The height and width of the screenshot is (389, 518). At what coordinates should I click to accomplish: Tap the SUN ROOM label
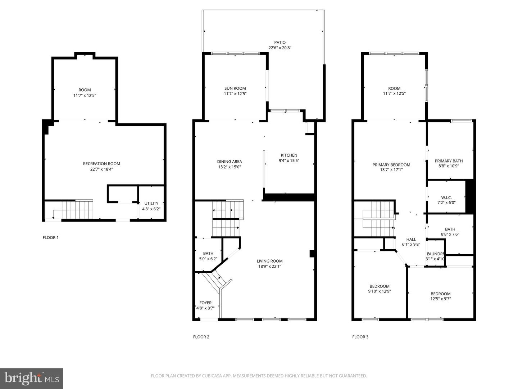click(x=235, y=88)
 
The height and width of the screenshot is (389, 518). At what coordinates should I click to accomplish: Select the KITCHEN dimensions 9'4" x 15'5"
click(x=289, y=161)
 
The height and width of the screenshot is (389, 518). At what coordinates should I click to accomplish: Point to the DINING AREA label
click(x=230, y=162)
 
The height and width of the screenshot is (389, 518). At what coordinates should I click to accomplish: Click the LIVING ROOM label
click(x=269, y=261)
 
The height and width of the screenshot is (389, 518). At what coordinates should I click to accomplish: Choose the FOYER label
click(x=206, y=303)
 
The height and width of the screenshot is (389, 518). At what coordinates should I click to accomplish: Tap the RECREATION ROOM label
click(x=101, y=164)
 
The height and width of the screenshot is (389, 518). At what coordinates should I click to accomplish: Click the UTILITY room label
click(x=151, y=204)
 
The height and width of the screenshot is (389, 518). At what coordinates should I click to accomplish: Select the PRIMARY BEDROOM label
click(x=391, y=165)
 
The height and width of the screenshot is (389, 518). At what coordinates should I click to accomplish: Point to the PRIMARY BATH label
click(x=449, y=161)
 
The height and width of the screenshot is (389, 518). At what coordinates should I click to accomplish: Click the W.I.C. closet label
click(x=446, y=198)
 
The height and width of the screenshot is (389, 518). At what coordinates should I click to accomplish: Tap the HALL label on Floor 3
click(x=411, y=240)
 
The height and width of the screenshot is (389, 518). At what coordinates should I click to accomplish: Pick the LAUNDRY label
click(x=435, y=254)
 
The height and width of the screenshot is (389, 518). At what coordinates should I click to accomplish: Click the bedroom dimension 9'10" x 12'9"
click(x=380, y=291)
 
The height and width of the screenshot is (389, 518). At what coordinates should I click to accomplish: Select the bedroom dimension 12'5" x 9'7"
click(x=441, y=299)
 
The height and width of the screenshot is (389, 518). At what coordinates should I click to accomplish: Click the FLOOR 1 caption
click(x=50, y=238)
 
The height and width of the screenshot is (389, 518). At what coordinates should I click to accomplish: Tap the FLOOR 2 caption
click(x=201, y=337)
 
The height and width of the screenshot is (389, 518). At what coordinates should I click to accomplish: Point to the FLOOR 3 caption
click(x=360, y=337)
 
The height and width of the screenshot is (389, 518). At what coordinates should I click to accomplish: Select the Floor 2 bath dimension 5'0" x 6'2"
click(x=208, y=259)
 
